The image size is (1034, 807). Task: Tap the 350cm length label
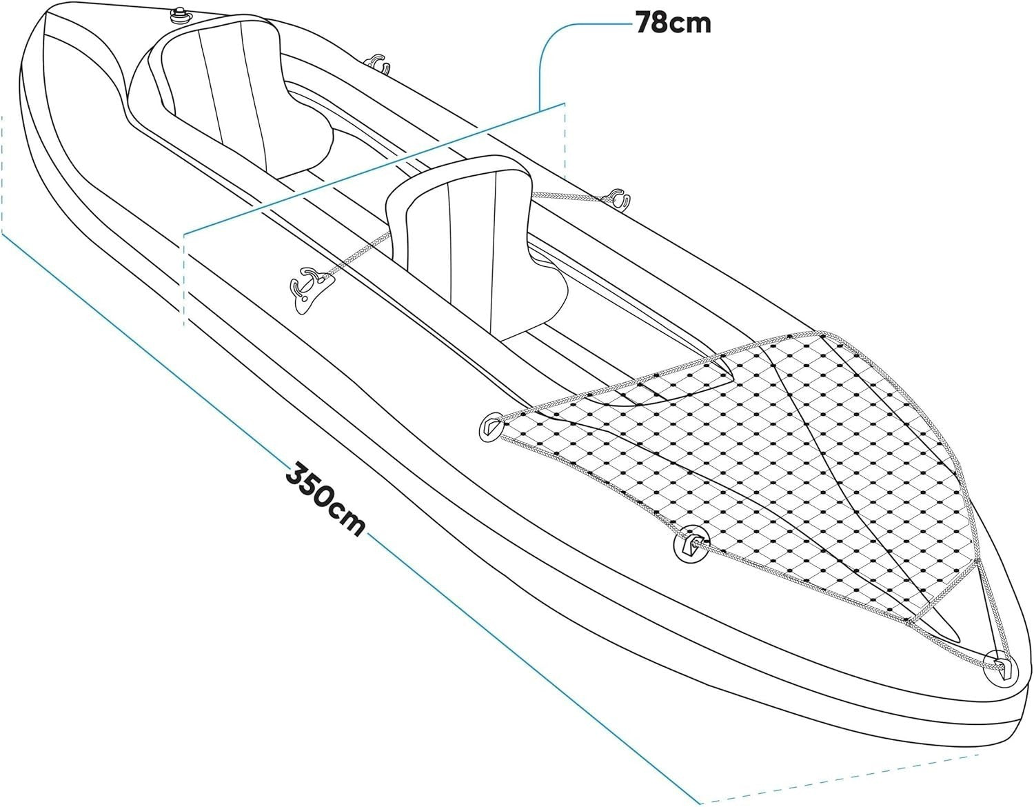tap(325, 499)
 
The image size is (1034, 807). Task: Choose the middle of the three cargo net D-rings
tap(691, 544)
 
